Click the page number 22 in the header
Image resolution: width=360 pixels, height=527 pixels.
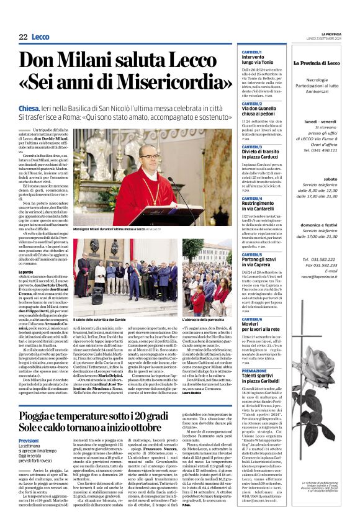tap(23, 37)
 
